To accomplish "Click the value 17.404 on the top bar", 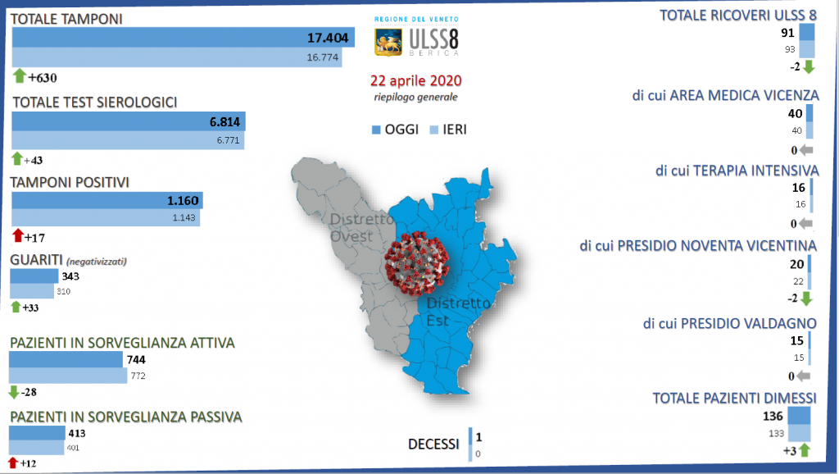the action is click(x=328, y=38).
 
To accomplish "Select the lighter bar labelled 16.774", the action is click(x=177, y=57).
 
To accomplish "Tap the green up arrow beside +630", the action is click(x=20, y=76).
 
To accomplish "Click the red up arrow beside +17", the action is click(x=18, y=235).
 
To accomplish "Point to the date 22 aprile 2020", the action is click(x=415, y=81).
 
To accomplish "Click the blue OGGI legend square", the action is click(x=376, y=130).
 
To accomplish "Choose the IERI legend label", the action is click(x=454, y=130).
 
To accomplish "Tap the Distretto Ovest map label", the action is click(x=361, y=228).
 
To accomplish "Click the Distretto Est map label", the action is click(x=458, y=312).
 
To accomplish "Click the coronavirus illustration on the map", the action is click(x=417, y=263).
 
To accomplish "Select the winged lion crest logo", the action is click(x=388, y=43).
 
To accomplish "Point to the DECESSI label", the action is click(x=433, y=444).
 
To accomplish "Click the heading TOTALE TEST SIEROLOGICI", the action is click(x=95, y=103).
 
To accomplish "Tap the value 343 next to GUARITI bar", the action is click(x=70, y=276).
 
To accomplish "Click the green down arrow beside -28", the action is click(x=14, y=393).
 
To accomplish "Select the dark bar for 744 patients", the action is click(x=66, y=359).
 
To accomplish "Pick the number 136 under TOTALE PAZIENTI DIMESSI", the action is click(x=773, y=416).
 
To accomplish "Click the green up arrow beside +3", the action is click(x=805, y=450).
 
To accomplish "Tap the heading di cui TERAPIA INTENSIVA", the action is click(x=737, y=171).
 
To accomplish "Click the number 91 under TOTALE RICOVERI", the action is click(x=787, y=33).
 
